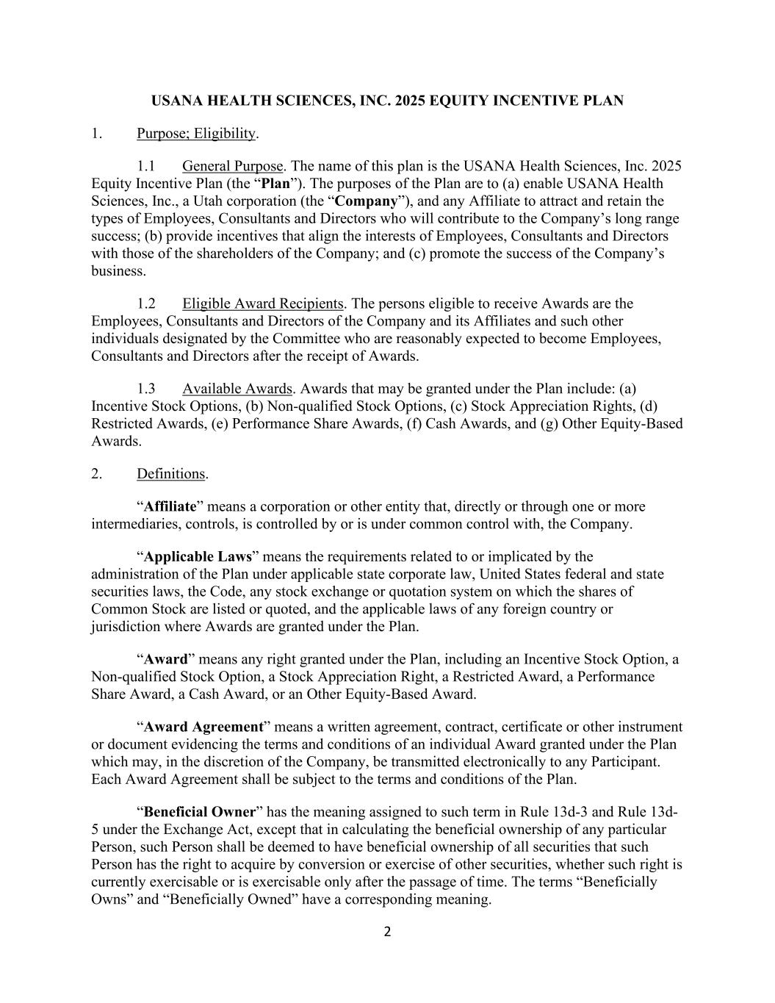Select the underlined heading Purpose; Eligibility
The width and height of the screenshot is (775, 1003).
pos(196,134)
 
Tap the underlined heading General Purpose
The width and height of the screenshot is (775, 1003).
pos(232,166)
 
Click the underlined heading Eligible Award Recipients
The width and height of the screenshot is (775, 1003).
pos(263,303)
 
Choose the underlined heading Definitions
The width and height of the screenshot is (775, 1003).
pos(170,474)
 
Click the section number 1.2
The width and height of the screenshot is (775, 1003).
pos(146,303)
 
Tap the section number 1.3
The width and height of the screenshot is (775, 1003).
pos(146,389)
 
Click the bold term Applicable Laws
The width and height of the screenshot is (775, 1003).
pos(198,557)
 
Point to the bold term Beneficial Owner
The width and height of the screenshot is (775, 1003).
pos(200,813)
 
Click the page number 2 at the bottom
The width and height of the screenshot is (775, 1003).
pos(388,932)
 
